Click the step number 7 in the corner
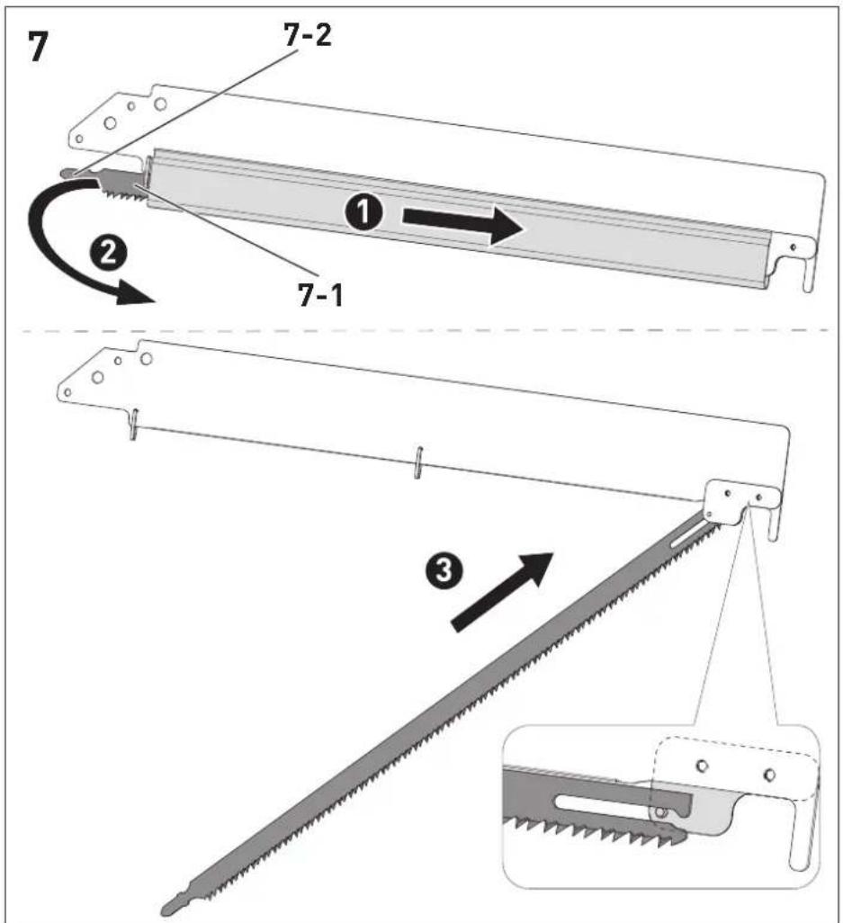point(38,47)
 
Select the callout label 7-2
point(308,35)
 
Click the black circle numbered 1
point(363,212)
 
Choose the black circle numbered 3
point(444,569)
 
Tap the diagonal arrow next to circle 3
point(500,592)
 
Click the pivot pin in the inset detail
point(661,812)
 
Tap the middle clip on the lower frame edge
point(417,462)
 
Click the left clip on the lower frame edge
point(134,424)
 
